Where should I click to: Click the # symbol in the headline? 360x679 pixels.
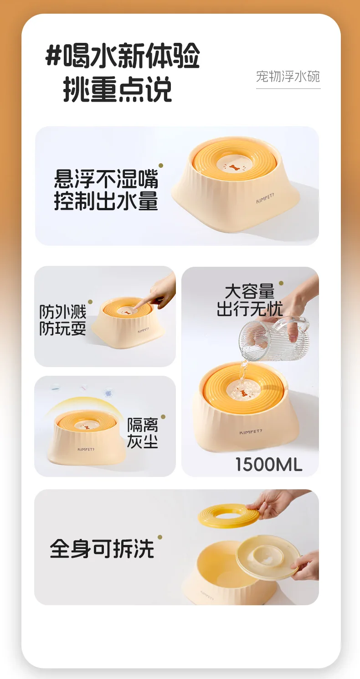54,56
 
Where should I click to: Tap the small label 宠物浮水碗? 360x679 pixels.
288,77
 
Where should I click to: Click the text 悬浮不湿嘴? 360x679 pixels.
106,179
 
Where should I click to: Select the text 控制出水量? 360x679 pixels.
106,201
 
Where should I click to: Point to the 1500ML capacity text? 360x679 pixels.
269,464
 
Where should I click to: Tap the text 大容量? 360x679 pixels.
250,291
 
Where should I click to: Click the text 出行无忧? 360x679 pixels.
250,309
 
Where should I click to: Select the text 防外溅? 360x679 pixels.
63,312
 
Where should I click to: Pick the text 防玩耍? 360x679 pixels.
63,329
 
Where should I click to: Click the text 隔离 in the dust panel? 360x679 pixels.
143,425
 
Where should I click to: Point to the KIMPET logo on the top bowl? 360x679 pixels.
265,198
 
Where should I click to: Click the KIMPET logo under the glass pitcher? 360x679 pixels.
251,432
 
